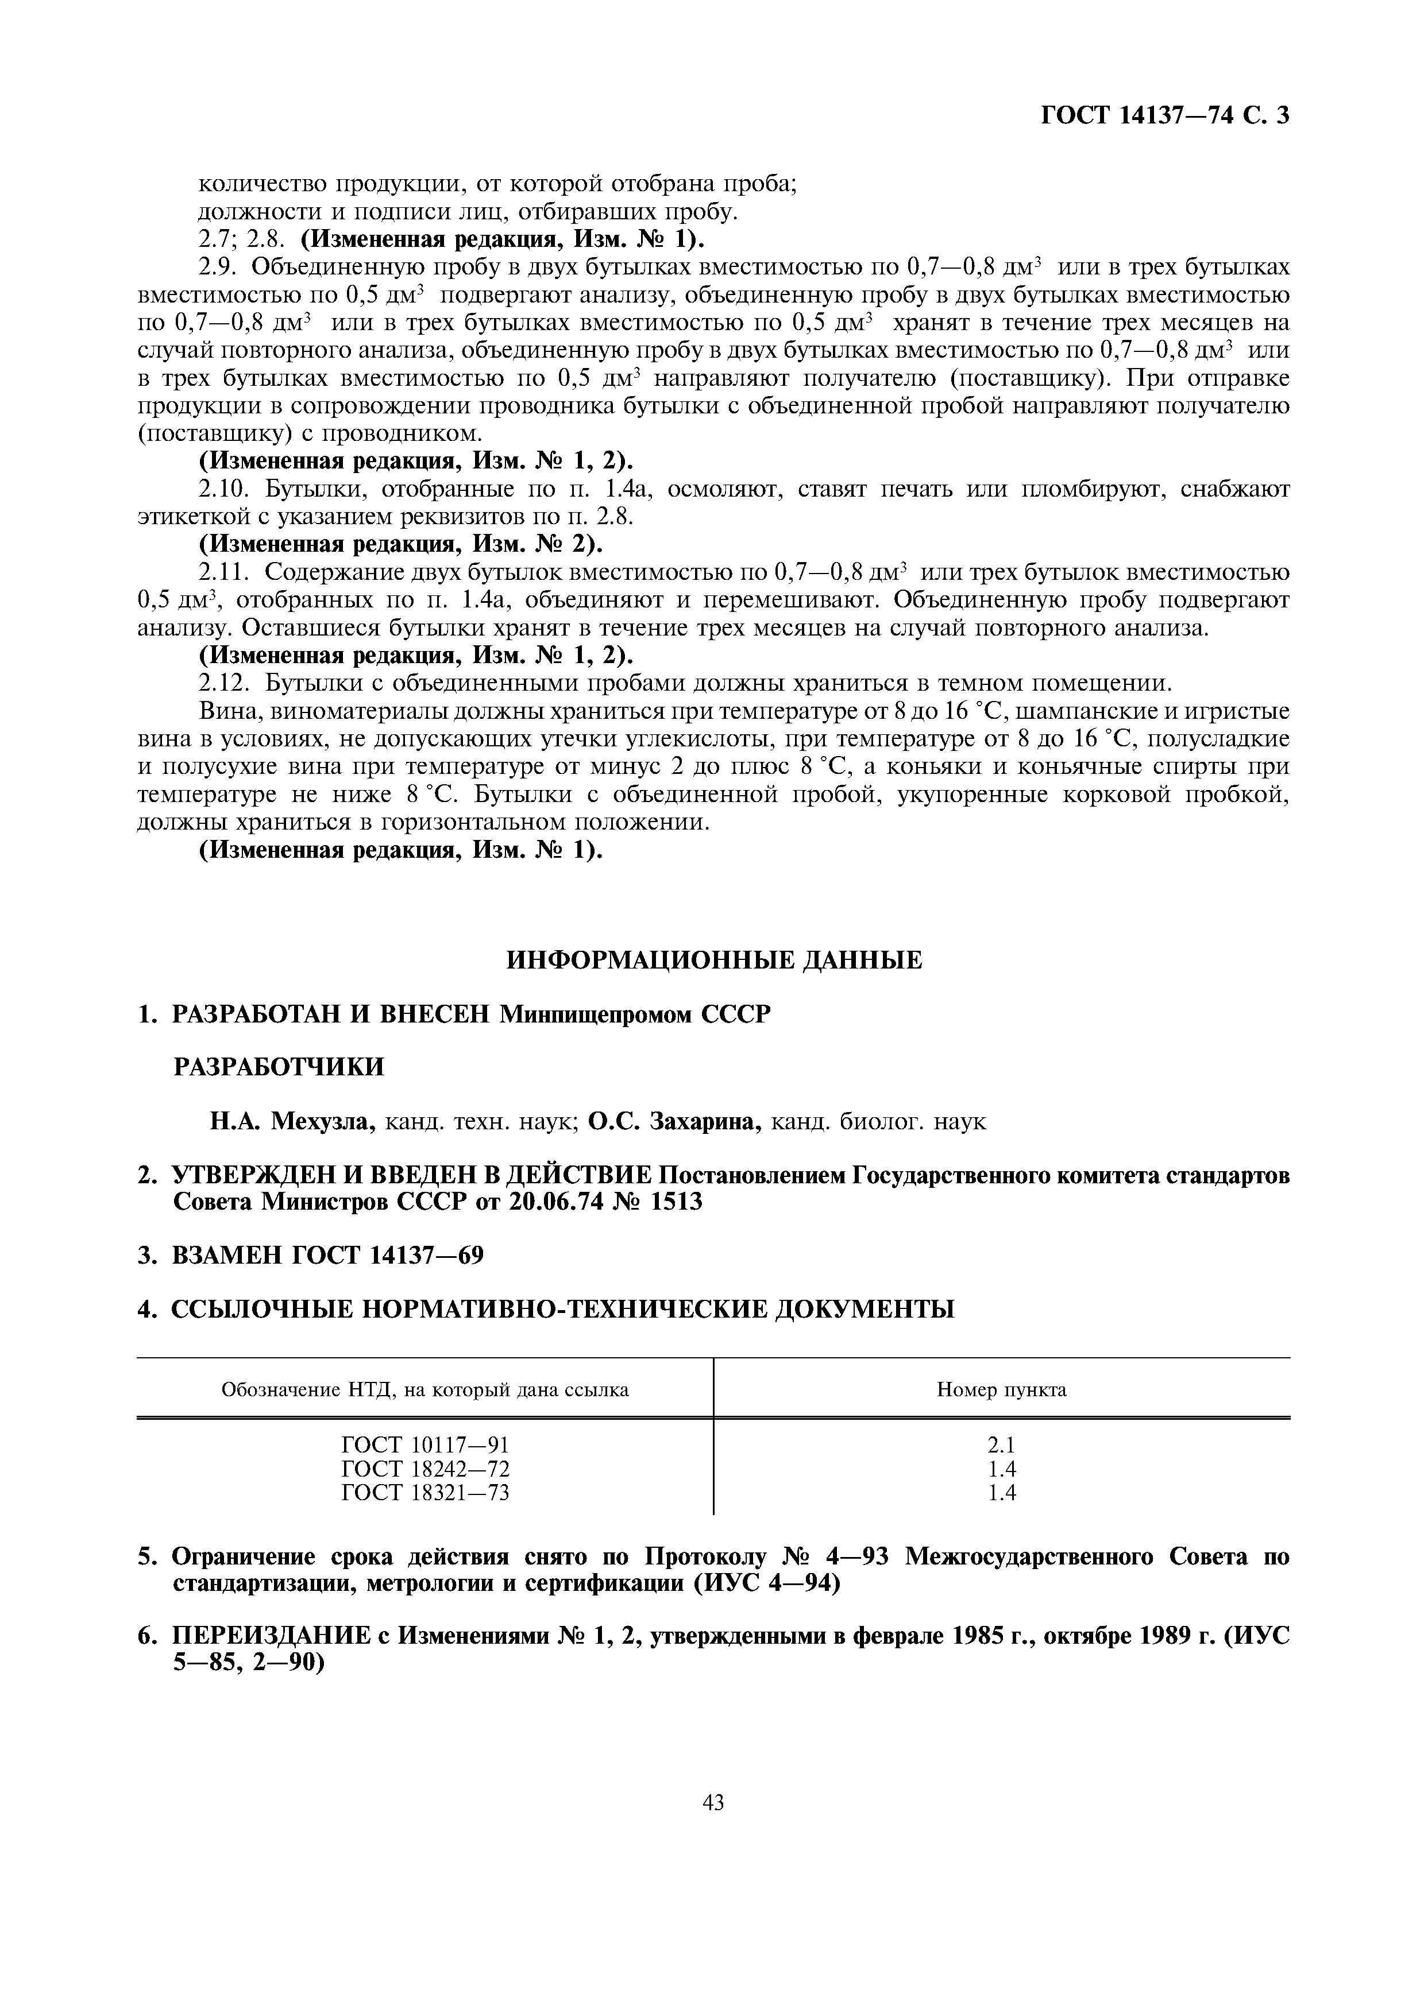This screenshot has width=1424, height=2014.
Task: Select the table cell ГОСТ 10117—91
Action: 425,1444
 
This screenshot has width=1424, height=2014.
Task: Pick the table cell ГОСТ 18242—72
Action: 425,1469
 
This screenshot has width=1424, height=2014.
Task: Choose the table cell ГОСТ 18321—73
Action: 425,1492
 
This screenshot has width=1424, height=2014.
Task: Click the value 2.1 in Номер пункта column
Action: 1001,1444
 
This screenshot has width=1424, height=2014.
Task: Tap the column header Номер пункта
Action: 1001,1389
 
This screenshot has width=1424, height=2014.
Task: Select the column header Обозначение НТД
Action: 425,1389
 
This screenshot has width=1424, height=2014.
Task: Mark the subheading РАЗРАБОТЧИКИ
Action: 278,1067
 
